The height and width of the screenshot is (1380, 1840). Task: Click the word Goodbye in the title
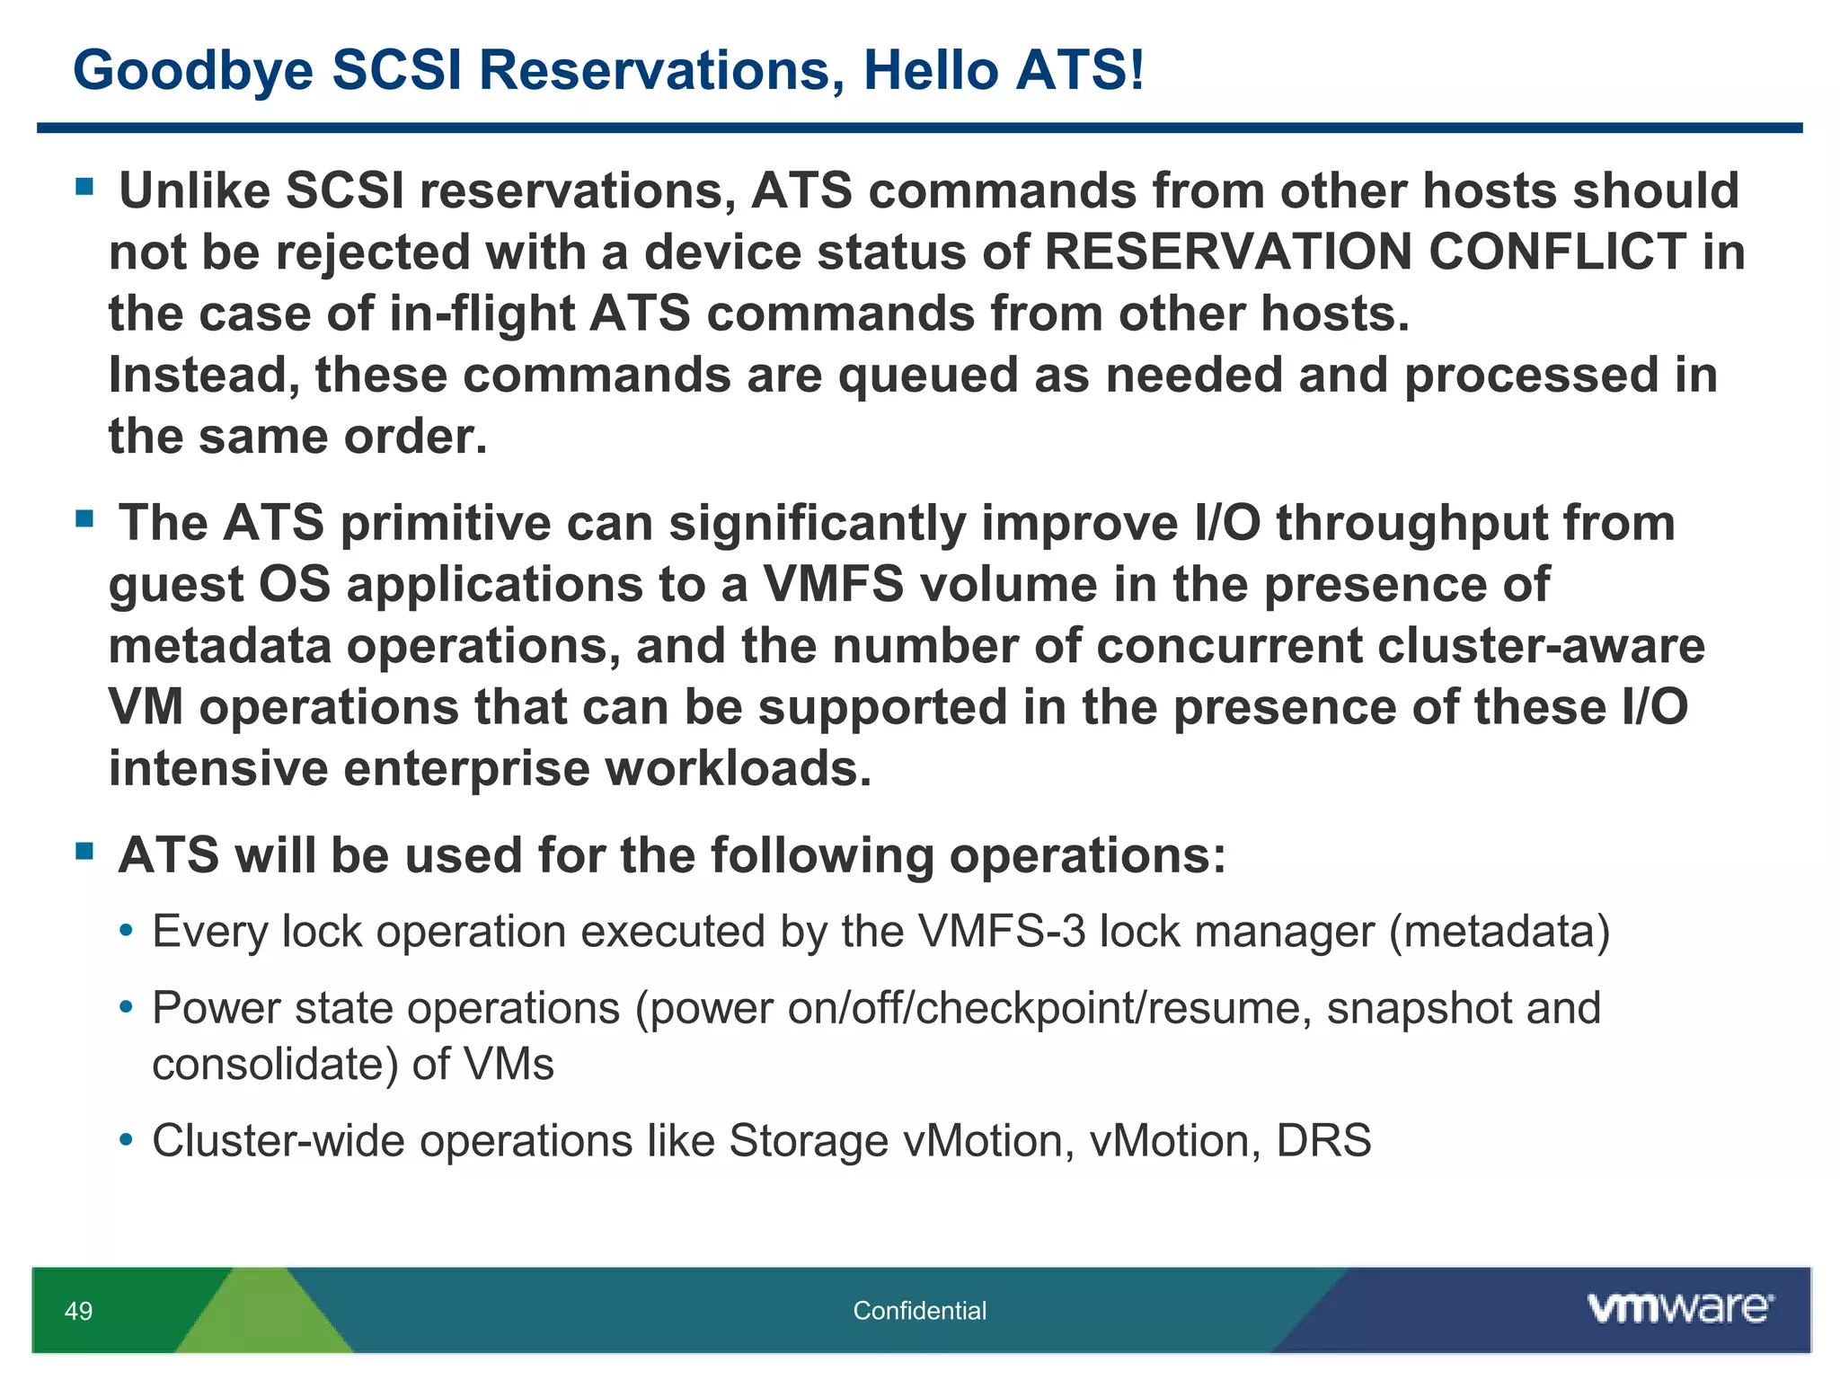[x=192, y=71]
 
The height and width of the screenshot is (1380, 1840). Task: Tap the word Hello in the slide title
[x=930, y=71]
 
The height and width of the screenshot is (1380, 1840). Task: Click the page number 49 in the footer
[x=78, y=1311]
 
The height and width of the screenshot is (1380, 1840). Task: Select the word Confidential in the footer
[x=919, y=1311]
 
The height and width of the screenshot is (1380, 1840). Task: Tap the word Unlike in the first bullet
[x=194, y=190]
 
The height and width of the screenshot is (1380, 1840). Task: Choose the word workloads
[x=738, y=769]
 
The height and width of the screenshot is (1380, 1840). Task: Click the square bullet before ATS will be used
[x=85, y=851]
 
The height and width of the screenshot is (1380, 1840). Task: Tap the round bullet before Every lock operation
[x=127, y=932]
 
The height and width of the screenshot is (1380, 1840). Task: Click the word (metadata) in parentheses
[x=1499, y=932]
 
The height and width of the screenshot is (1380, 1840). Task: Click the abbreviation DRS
[x=1323, y=1141]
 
